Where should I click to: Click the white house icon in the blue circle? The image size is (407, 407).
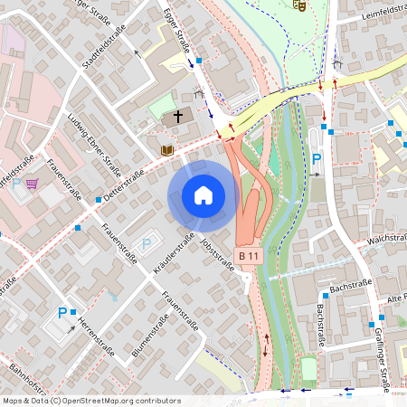(x=203, y=195)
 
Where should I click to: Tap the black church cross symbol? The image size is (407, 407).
(x=178, y=117)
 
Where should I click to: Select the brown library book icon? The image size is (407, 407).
(x=166, y=149)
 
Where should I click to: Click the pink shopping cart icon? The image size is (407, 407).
(x=33, y=184)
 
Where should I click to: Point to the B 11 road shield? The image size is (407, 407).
(x=250, y=256)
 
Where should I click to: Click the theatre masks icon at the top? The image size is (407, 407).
(x=299, y=5)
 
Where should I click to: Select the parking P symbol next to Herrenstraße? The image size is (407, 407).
(x=62, y=313)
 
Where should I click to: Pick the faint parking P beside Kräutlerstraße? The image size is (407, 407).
(x=147, y=244)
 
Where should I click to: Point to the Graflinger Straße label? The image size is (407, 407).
(x=382, y=359)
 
